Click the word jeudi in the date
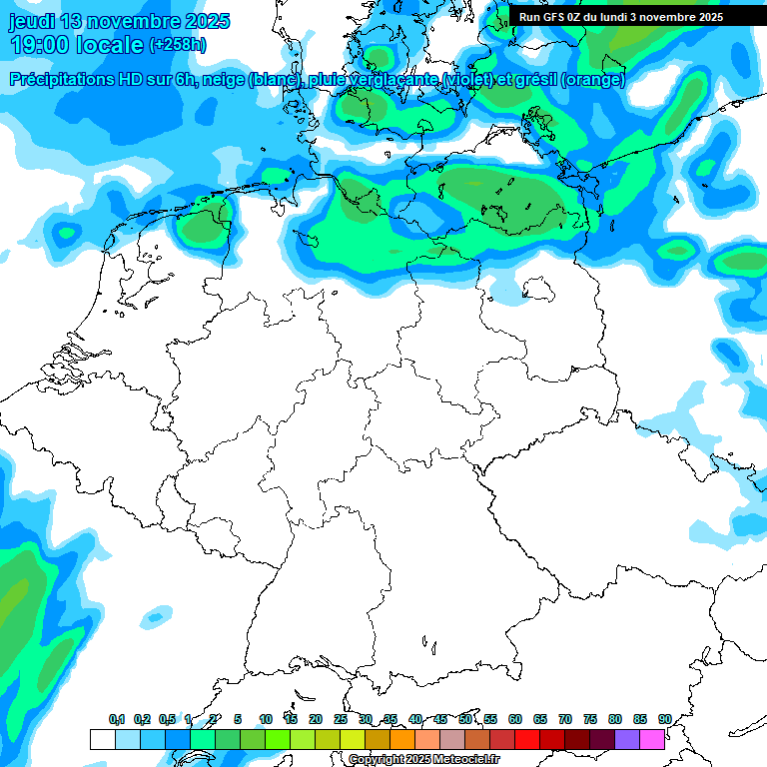pos(31,21)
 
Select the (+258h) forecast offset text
pos(178,45)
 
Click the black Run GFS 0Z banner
pos(621,16)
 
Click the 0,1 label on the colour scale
pos(116,719)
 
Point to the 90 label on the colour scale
pos(664,719)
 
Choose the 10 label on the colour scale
pos(265,719)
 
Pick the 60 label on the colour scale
pos(514,719)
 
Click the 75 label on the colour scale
pos(589,719)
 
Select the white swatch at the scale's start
pos(102,739)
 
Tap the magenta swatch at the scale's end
pos(651,739)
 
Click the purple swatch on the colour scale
pos(626,739)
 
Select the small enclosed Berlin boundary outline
pos(536,290)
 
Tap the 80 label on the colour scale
pos(614,719)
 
